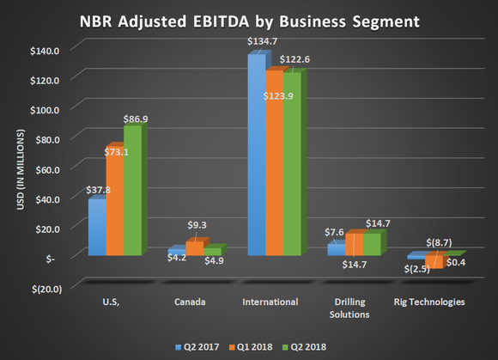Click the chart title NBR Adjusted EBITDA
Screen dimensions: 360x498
point(249,19)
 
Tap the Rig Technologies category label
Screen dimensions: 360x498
point(429,302)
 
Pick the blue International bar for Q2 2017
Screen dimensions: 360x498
point(256,156)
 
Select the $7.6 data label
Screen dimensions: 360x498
point(337,231)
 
